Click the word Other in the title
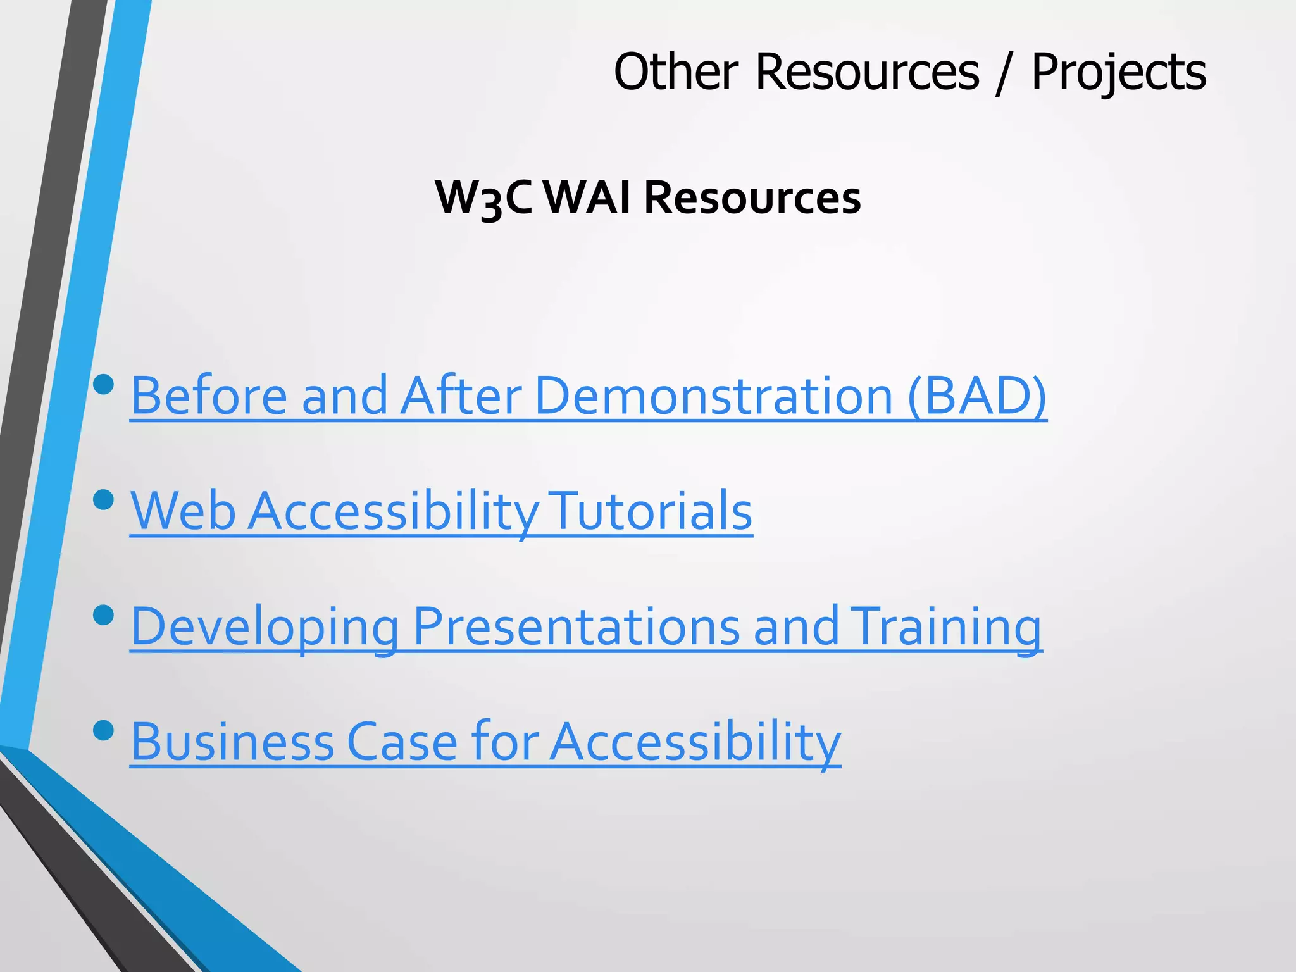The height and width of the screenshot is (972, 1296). click(x=676, y=72)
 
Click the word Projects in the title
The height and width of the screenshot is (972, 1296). click(x=1118, y=73)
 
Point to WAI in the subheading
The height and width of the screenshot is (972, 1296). click(x=587, y=197)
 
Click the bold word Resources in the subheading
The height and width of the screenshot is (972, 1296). click(x=752, y=197)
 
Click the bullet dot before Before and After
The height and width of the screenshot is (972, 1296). click(x=103, y=384)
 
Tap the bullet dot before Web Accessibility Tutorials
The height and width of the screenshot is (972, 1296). click(x=103, y=500)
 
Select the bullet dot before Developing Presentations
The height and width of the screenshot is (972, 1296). click(x=103, y=614)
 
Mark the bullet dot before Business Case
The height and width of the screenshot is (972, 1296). click(x=103, y=730)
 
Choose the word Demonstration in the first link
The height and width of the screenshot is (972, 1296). click(x=713, y=396)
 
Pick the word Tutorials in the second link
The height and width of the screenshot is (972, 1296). click(x=652, y=511)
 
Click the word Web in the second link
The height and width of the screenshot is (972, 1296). click(x=183, y=511)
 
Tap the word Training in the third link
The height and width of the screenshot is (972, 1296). click(x=945, y=626)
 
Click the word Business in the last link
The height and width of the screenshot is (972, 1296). click(x=232, y=742)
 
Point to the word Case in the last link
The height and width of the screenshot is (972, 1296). click(x=402, y=742)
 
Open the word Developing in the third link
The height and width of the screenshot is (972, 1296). click(x=265, y=626)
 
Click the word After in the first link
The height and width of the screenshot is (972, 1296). click(x=461, y=396)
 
